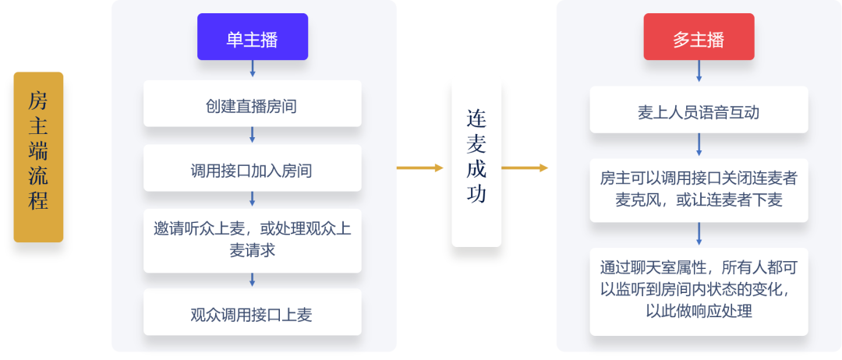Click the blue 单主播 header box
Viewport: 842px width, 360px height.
[253, 37]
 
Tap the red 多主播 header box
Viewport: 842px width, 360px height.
[699, 37]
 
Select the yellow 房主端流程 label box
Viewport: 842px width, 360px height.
[38, 157]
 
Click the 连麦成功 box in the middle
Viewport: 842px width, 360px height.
[476, 164]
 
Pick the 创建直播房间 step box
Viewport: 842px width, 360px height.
[253, 104]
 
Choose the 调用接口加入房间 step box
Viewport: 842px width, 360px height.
[253, 168]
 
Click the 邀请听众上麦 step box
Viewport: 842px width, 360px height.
[253, 240]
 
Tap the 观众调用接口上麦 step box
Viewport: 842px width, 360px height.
[253, 312]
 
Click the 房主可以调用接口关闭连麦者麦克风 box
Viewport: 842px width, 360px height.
[699, 190]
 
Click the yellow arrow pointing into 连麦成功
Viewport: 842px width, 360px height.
[420, 168]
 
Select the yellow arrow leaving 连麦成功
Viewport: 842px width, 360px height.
[525, 168]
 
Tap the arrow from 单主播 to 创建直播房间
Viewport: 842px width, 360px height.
[253, 69]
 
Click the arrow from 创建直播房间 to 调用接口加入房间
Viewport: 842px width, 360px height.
[253, 136]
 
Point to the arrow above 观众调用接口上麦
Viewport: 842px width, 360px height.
[253, 280]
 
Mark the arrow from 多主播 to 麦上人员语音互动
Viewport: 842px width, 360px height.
[699, 72]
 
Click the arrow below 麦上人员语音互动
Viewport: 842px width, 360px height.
[699, 145]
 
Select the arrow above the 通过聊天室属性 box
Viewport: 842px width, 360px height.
[699, 234]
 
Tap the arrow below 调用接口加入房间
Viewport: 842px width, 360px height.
[253, 199]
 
